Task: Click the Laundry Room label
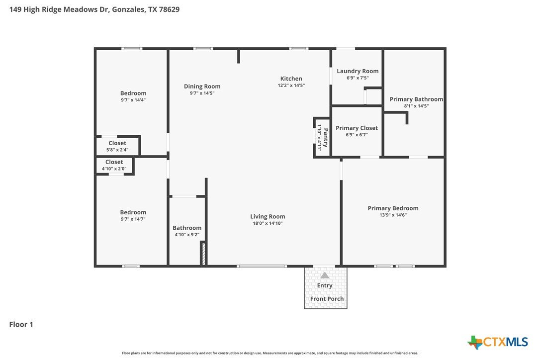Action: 358,71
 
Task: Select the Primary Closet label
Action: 357,128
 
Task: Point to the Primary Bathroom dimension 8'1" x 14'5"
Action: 416,106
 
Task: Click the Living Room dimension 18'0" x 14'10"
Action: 268,223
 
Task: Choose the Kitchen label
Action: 291,79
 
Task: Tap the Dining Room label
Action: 202,87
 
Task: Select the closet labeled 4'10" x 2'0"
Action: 114,166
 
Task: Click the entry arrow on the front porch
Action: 325,275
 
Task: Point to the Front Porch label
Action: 327,299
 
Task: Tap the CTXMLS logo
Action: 498,342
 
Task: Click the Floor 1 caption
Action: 21,324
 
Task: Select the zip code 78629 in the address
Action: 169,9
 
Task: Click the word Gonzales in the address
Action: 128,9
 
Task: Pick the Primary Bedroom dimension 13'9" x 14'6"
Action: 393,215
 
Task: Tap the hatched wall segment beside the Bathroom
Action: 203,254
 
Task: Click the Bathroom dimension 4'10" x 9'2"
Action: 187,235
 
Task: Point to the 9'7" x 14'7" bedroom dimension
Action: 133,219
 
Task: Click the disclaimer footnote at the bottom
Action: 270,353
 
